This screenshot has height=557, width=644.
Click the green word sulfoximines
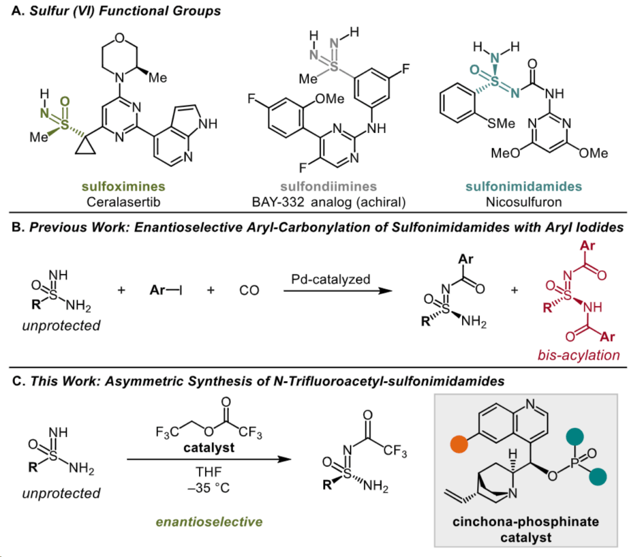(123, 186)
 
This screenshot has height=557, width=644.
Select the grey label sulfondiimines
(329, 186)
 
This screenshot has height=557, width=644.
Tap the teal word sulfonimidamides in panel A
(524, 186)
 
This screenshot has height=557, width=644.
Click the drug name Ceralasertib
(123, 202)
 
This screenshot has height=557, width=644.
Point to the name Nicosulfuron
(524, 202)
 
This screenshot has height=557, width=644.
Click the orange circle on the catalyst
(459, 444)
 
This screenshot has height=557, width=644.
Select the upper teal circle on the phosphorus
(575, 437)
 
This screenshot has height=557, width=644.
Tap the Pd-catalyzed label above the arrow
(330, 279)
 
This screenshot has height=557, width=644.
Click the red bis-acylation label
(578, 355)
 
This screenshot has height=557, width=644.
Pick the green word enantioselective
(209, 522)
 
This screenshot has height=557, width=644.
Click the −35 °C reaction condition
(209, 488)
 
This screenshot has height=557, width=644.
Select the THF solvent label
(209, 472)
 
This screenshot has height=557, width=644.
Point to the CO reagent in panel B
(249, 290)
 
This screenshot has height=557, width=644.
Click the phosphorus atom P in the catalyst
(575, 463)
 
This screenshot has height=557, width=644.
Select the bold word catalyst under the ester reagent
(209, 447)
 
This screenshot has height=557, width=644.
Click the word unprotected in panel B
(61, 325)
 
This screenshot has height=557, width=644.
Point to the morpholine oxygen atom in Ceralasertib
(119, 38)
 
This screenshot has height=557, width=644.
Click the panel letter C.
(17, 381)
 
